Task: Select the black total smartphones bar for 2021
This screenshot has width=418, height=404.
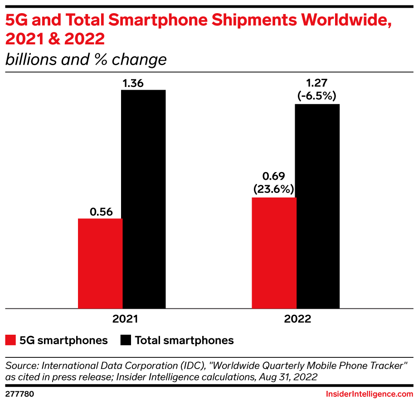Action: point(144,199)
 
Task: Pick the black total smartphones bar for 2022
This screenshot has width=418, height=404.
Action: point(317,207)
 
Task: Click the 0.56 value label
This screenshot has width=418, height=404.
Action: point(101,212)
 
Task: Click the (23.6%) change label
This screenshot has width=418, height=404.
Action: point(274,189)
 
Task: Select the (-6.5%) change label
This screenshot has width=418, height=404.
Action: point(317,96)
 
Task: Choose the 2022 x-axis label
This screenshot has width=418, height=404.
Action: point(298,319)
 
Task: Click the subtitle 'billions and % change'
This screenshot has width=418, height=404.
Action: point(86,59)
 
